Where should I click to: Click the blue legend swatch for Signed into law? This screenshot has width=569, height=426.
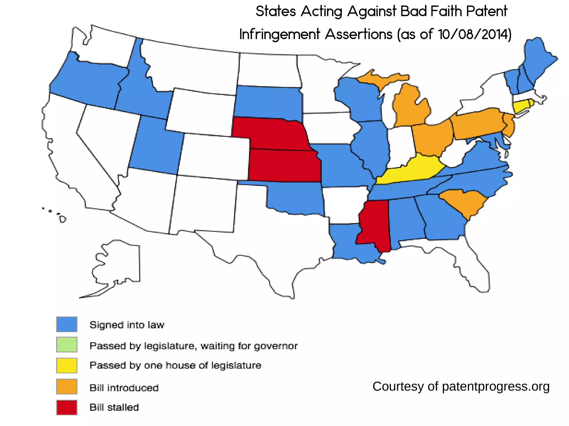click(x=67, y=324)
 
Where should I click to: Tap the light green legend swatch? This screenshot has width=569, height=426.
click(x=67, y=344)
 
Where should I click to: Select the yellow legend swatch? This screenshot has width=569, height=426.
click(x=67, y=365)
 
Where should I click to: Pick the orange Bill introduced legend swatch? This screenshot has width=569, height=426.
click(x=67, y=386)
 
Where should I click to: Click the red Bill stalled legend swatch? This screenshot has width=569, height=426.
click(x=67, y=407)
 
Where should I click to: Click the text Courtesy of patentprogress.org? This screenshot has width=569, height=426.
click(x=461, y=386)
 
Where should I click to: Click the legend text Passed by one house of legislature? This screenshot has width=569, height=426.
click(x=175, y=365)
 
